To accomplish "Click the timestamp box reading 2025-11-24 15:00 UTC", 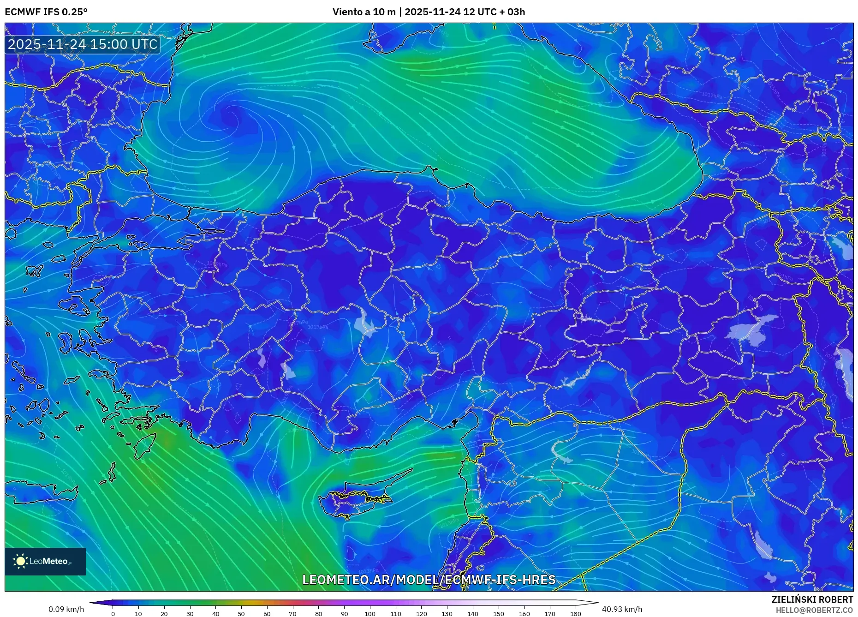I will coord(83,44).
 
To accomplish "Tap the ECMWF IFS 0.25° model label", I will coord(46,12).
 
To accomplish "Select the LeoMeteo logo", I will coord(45,561).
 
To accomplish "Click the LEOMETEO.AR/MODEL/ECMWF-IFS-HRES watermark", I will coord(429,580).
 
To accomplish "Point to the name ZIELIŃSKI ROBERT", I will coord(812,599).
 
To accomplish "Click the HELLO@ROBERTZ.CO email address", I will coord(814,610).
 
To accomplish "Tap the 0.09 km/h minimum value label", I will coord(66,609).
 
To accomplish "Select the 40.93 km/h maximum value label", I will coord(622,609).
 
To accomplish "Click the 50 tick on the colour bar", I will coord(241,614).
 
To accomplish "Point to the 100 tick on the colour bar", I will coord(370,614).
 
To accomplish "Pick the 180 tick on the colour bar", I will coord(575,614).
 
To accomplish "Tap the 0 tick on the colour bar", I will coord(113,614).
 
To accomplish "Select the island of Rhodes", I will coord(145,445).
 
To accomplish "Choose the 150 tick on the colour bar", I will coord(498,614).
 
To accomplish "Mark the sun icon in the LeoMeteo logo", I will coord(20,561).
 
